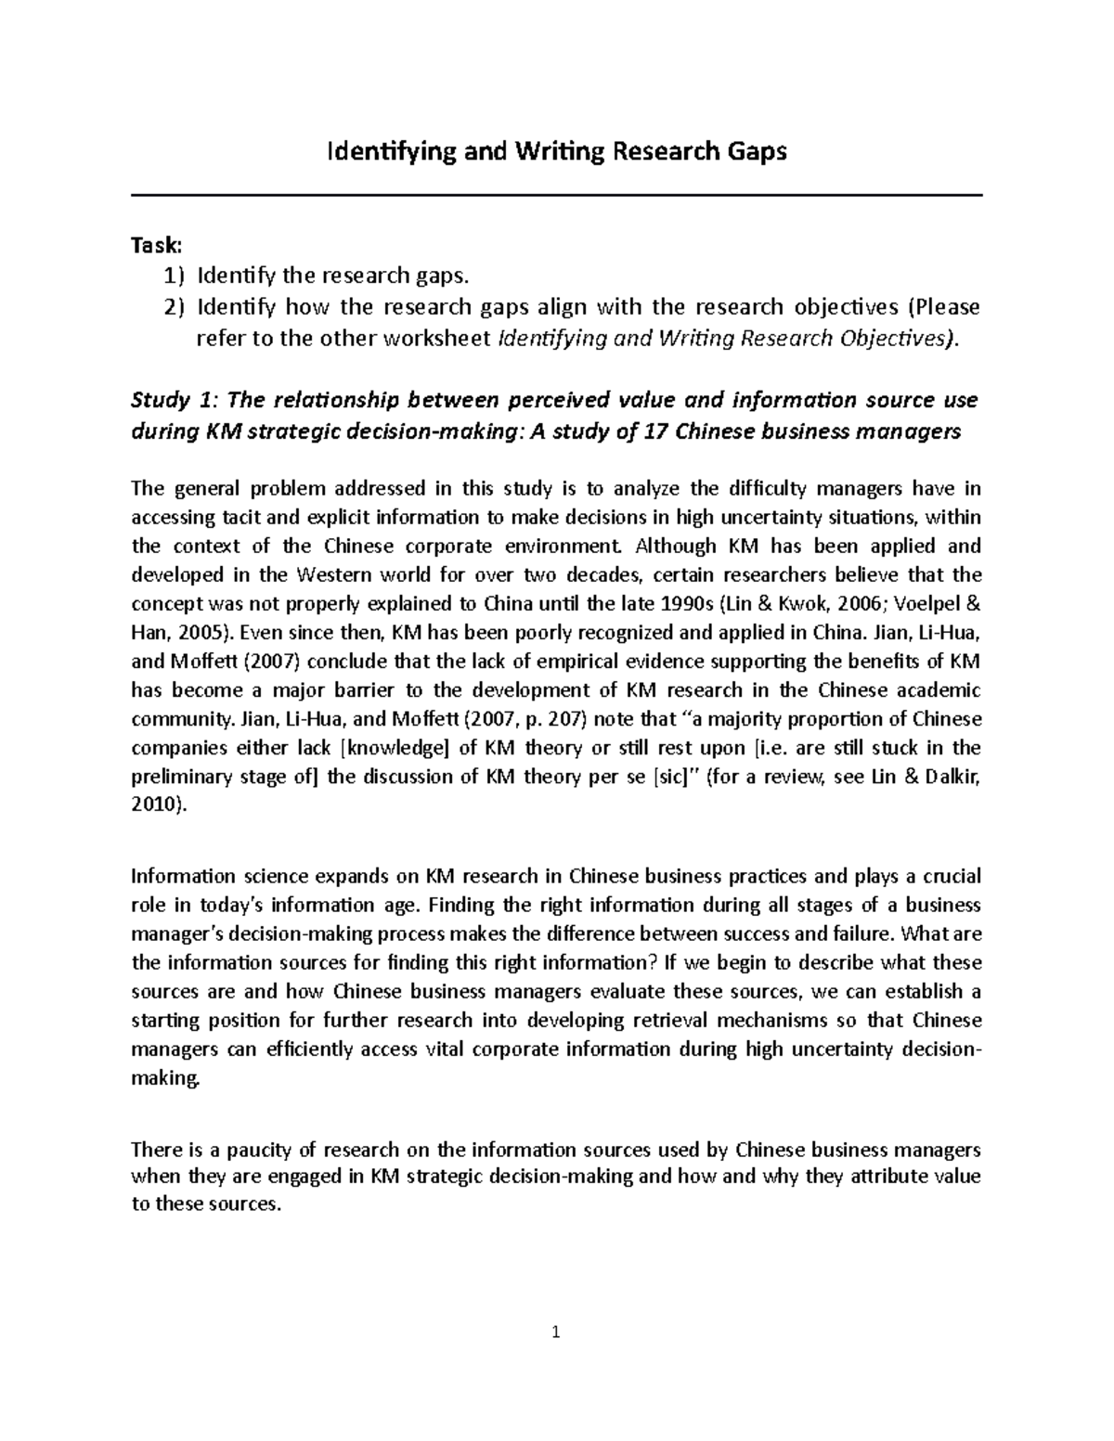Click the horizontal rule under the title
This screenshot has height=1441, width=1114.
(x=557, y=195)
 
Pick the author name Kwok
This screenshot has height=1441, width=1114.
(x=791, y=604)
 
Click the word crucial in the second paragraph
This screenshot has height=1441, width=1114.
(x=950, y=876)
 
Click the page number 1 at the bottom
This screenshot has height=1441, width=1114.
(x=556, y=1334)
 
